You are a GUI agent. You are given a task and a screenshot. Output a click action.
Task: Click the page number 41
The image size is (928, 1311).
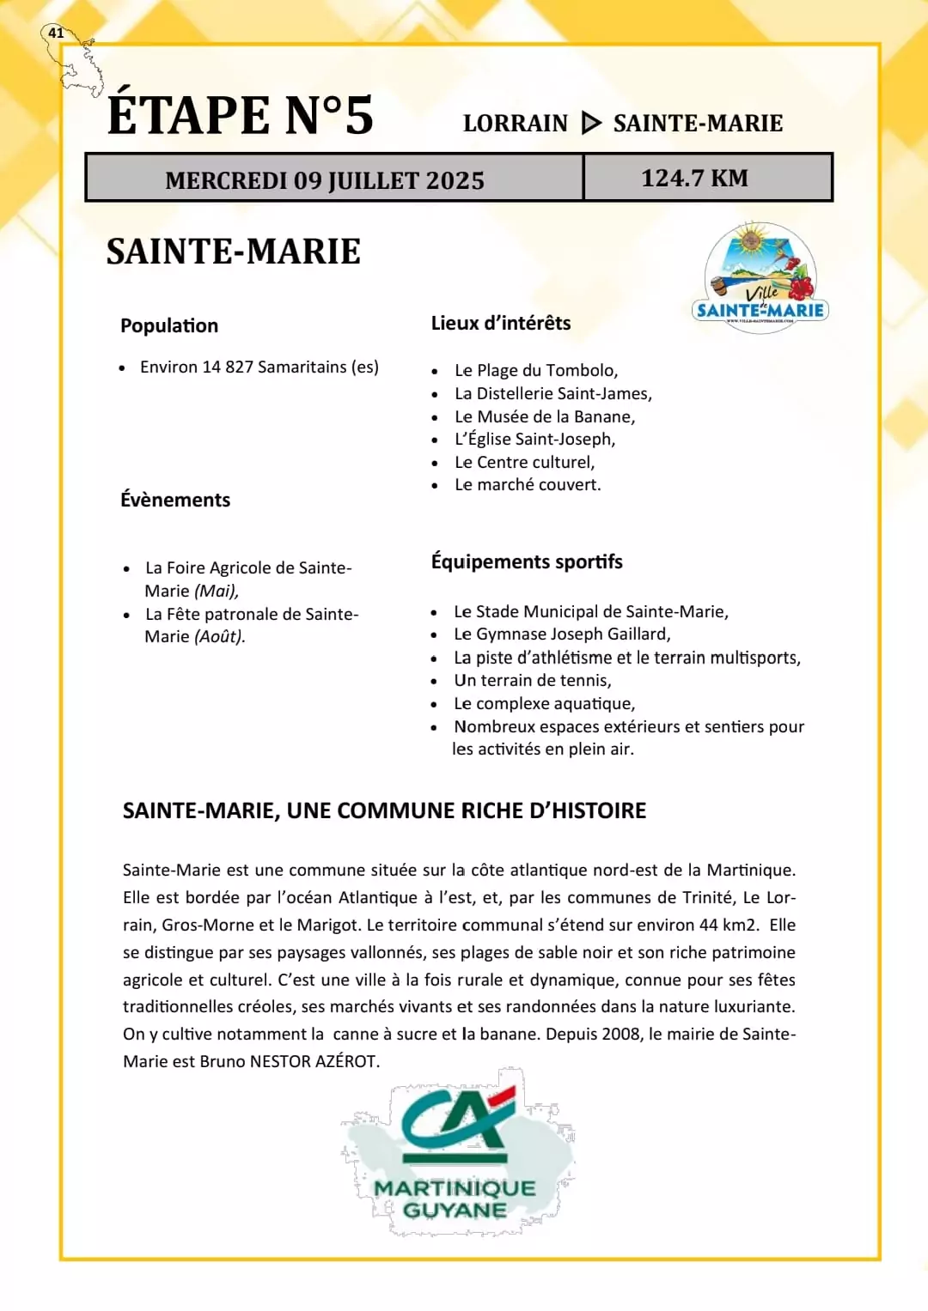tap(56, 33)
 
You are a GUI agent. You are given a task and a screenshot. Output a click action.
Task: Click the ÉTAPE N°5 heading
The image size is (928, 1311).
tap(241, 115)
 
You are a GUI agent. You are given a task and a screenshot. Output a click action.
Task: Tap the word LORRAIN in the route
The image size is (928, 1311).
tap(516, 124)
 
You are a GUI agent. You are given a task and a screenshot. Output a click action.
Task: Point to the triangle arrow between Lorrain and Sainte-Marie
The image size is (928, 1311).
tap(591, 123)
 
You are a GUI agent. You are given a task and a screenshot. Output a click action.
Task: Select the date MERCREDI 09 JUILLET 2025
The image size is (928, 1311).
tap(325, 180)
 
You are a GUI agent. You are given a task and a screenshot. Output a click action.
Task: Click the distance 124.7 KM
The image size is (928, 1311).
tap(694, 178)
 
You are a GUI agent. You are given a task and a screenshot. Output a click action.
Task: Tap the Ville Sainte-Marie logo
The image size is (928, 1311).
tap(760, 275)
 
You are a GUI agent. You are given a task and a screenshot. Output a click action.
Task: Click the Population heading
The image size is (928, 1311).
tap(169, 325)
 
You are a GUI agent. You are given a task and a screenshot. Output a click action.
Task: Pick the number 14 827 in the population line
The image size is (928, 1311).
tap(228, 367)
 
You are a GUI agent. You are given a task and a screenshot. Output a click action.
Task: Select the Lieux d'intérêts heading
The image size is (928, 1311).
tap(501, 323)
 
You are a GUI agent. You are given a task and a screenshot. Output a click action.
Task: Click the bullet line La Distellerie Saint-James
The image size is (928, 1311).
tap(553, 393)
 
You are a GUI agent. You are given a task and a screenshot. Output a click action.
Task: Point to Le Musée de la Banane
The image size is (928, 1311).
tap(545, 416)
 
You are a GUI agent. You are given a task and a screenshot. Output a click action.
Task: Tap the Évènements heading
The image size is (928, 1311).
tap(175, 500)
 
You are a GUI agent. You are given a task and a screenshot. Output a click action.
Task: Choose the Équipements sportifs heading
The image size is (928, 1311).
tap(527, 561)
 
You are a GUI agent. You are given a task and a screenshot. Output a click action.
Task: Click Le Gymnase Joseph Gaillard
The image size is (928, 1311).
tap(562, 634)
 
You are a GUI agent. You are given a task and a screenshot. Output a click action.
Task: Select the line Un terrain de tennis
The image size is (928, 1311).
tap(533, 680)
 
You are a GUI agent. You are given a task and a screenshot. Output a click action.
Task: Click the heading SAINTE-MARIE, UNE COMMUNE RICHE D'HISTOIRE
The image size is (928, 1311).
tap(384, 810)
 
